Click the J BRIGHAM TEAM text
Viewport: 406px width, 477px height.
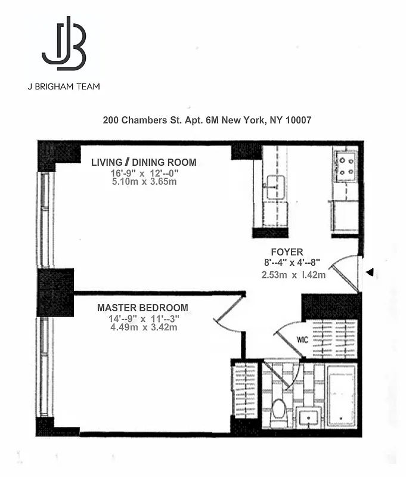[64, 86]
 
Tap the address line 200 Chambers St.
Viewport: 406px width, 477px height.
[207, 120]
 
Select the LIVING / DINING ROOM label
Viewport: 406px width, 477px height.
[144, 162]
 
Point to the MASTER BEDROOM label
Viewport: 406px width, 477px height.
[142, 308]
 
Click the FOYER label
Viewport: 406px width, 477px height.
[287, 252]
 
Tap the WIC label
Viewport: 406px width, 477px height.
[302, 340]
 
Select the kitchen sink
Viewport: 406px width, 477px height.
[275, 187]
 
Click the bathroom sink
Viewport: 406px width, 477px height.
[308, 417]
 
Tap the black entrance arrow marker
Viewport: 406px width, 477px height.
[370, 272]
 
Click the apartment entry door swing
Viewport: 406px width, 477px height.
[346, 271]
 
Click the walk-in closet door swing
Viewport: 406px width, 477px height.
[290, 337]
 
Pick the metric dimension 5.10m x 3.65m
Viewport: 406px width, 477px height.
[144, 182]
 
